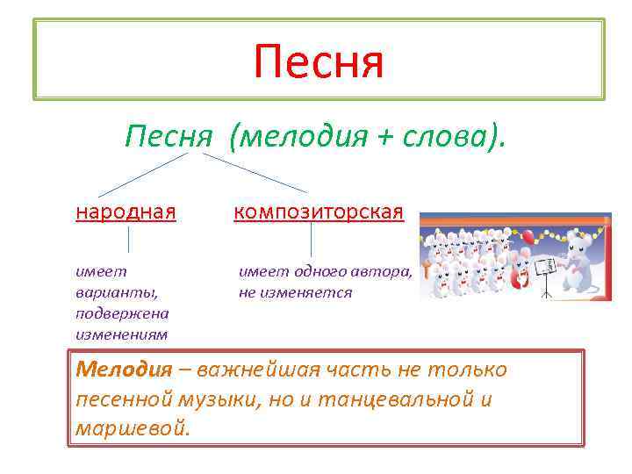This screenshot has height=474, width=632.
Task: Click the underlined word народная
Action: [126, 212]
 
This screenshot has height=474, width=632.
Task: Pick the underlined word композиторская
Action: [319, 212]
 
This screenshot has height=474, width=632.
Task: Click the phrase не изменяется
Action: [295, 292]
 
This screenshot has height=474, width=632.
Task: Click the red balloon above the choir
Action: [527, 236]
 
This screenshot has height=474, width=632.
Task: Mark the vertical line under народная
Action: [129, 240]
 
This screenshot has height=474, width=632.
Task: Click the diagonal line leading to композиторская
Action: [255, 172]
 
